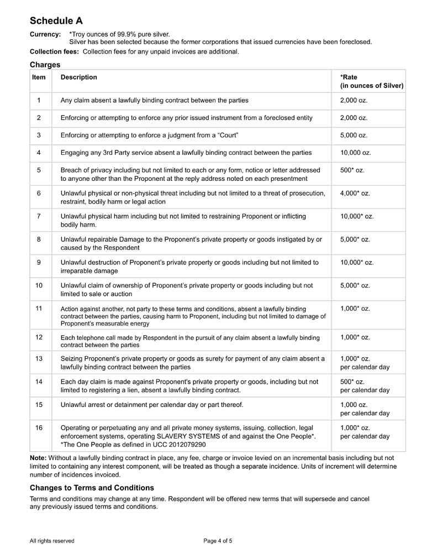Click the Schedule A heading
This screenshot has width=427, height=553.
(56, 21)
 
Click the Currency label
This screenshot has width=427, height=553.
(45, 34)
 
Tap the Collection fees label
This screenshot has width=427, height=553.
(54, 52)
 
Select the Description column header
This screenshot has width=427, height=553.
(78, 77)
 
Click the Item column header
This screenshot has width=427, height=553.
(39, 77)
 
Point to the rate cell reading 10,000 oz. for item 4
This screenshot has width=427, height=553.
(355, 153)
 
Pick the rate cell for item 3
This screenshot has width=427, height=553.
(354, 135)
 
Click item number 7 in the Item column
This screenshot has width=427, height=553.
(39, 216)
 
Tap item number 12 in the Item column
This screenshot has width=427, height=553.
(39, 337)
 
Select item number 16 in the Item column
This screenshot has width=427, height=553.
(39, 427)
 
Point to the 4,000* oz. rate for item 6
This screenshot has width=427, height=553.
(355, 193)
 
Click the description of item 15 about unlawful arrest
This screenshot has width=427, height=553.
(151, 405)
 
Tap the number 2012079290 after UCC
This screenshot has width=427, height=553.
(187, 444)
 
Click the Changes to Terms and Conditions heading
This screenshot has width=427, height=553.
(92, 488)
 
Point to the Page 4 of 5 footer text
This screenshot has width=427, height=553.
(218, 541)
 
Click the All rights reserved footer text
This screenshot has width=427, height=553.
(52, 541)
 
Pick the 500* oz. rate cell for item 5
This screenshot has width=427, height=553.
(352, 170)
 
